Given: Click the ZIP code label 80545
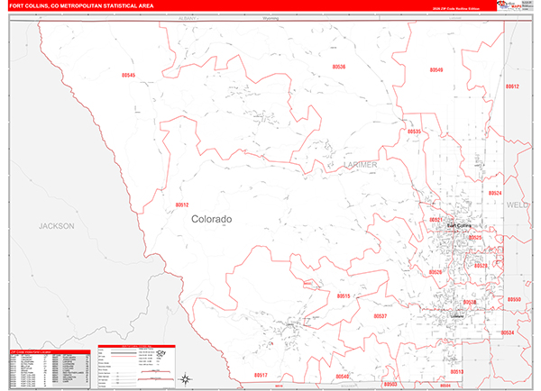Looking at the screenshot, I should [127, 76].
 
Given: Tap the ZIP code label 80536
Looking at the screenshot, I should [338, 67].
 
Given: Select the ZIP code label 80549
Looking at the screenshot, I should [436, 69].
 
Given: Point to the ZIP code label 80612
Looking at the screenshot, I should [512, 86].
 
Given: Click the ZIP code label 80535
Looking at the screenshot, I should [414, 132].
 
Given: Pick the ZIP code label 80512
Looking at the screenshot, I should [181, 205].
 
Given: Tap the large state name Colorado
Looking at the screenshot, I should [211, 219].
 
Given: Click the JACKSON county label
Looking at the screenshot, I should [56, 225].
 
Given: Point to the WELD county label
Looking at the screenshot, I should [518, 205].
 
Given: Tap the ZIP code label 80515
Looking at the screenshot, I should [344, 296].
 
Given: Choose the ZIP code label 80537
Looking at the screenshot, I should [380, 316].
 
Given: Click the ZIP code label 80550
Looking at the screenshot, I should [513, 299].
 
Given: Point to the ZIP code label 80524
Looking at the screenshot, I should [495, 193].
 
